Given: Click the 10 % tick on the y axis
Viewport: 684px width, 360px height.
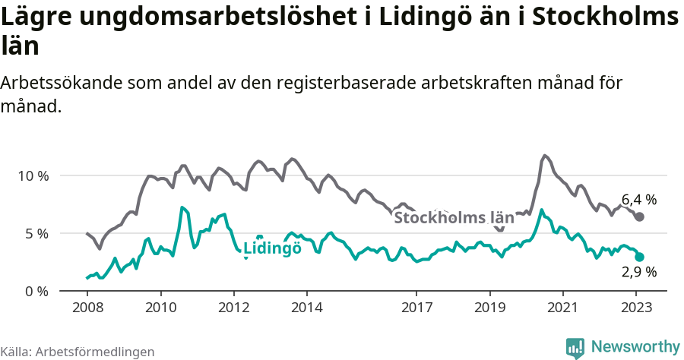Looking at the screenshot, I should [x=33, y=175].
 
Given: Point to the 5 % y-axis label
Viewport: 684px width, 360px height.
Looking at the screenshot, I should [x=36, y=233].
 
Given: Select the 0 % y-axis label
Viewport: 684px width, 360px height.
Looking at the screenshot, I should [x=36, y=291].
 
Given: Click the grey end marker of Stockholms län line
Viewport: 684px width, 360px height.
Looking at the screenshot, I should [x=639, y=216].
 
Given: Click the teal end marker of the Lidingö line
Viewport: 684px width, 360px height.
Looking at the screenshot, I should [x=639, y=257].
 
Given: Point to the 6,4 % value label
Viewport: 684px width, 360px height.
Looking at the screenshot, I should [x=638, y=200].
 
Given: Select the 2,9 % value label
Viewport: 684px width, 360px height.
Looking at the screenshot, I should [x=638, y=272].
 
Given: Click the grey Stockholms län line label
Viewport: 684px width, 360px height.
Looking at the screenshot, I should [x=454, y=218].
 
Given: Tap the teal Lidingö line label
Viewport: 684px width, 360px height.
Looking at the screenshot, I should [x=272, y=248].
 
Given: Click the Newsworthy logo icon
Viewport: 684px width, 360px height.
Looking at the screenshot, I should [x=575, y=348].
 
